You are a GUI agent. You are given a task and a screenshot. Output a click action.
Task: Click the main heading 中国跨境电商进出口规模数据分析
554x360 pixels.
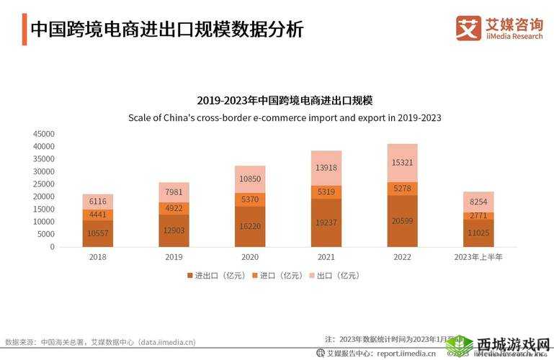pyautogui.click(x=166, y=30)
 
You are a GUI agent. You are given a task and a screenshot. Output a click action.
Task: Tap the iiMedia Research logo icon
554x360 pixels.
pyautogui.click(x=468, y=28)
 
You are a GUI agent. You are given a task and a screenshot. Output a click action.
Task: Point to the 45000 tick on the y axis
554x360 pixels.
pyautogui.click(x=44, y=134)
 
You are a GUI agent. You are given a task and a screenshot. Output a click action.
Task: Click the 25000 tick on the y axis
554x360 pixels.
pyautogui.click(x=44, y=184)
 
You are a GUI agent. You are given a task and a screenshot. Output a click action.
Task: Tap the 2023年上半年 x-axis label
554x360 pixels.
pyautogui.click(x=479, y=256)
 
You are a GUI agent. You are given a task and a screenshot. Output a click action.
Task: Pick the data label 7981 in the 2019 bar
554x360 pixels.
pyautogui.click(x=174, y=192)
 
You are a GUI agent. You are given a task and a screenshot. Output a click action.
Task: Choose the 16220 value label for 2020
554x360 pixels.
pyautogui.click(x=250, y=225)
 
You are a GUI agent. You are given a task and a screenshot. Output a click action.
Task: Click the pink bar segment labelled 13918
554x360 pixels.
pyautogui.click(x=326, y=168)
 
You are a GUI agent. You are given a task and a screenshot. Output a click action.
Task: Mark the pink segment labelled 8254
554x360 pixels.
pyautogui.click(x=478, y=202)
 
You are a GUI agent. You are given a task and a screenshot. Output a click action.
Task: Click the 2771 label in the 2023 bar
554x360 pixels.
pyautogui.click(x=478, y=216)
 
